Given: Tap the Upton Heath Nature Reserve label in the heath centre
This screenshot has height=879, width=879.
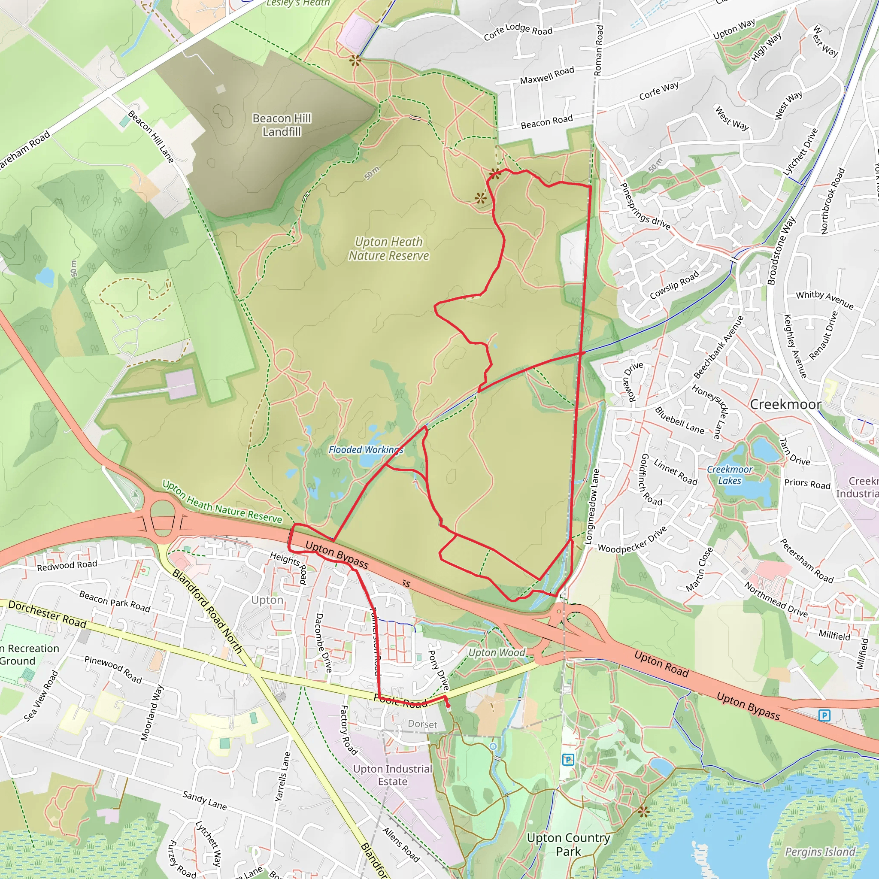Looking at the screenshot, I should point(388,249).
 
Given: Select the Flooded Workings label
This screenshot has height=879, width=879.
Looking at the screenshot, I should point(366,450).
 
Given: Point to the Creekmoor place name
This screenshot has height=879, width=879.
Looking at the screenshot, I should point(785,404).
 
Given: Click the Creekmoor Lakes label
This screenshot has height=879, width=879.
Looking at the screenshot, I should point(730,475).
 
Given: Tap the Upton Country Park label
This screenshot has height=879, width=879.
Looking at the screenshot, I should point(568,844).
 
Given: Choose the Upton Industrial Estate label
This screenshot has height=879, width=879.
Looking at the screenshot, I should point(393,775).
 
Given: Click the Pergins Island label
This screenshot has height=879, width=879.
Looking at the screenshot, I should point(820,852).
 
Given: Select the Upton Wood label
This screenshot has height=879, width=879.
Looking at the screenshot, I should point(497,653).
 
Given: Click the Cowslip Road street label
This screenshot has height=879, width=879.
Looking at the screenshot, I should point(674,285).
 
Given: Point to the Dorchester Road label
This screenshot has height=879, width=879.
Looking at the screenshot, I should point(47,614).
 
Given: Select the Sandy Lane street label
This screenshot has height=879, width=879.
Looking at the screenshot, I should point(204,800).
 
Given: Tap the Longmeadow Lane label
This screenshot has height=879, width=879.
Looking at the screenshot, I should point(592,506).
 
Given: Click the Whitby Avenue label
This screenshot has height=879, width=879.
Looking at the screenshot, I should point(824,300).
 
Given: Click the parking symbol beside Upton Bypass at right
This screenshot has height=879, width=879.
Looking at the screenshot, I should point(824,715).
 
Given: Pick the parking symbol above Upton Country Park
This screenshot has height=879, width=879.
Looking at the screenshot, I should point(568,759).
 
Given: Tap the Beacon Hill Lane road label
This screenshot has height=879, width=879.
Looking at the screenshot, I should point(151,136).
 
